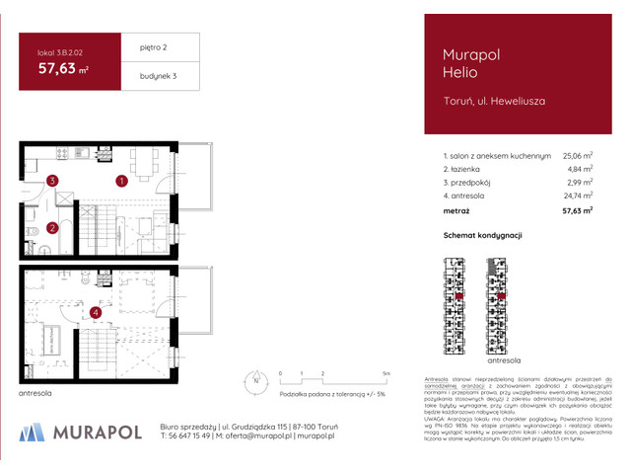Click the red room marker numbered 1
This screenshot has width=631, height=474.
click(120, 182)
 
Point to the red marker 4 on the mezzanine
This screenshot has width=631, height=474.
click(95, 314)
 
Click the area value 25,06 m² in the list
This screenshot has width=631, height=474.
click(577, 155)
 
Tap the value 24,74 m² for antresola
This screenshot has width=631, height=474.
click(577, 197)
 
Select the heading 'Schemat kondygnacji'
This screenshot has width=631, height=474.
click(482, 236)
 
